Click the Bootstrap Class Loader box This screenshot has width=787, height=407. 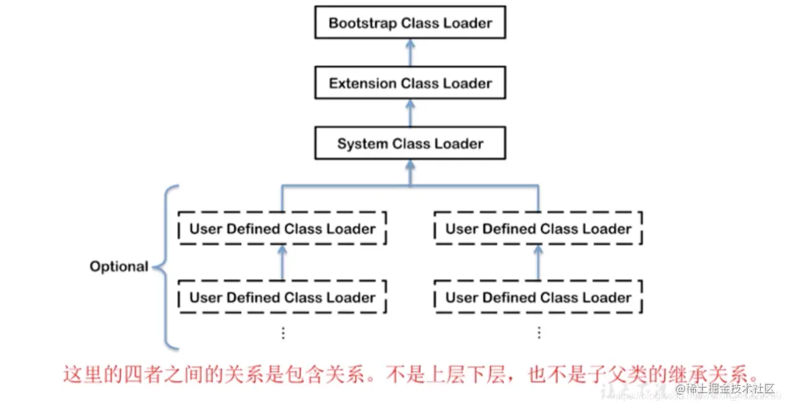[x=410, y=24]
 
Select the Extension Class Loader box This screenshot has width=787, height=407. [x=410, y=83]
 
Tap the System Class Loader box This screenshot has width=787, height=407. [x=410, y=144]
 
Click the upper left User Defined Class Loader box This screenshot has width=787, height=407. [x=282, y=229]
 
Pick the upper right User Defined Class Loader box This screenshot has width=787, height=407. [x=538, y=229]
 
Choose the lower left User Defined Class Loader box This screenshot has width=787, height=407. [x=282, y=298]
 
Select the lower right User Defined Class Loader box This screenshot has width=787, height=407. [x=538, y=298]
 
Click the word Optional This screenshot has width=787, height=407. [x=119, y=267]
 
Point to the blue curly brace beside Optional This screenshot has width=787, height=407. [x=166, y=267]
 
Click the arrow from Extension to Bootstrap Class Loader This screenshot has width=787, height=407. [x=410, y=53]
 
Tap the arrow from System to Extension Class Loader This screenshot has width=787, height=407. [x=410, y=114]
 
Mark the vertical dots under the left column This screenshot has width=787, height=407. [x=283, y=333]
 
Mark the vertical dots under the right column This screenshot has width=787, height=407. [x=539, y=333]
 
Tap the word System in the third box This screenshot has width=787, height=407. [x=362, y=144]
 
